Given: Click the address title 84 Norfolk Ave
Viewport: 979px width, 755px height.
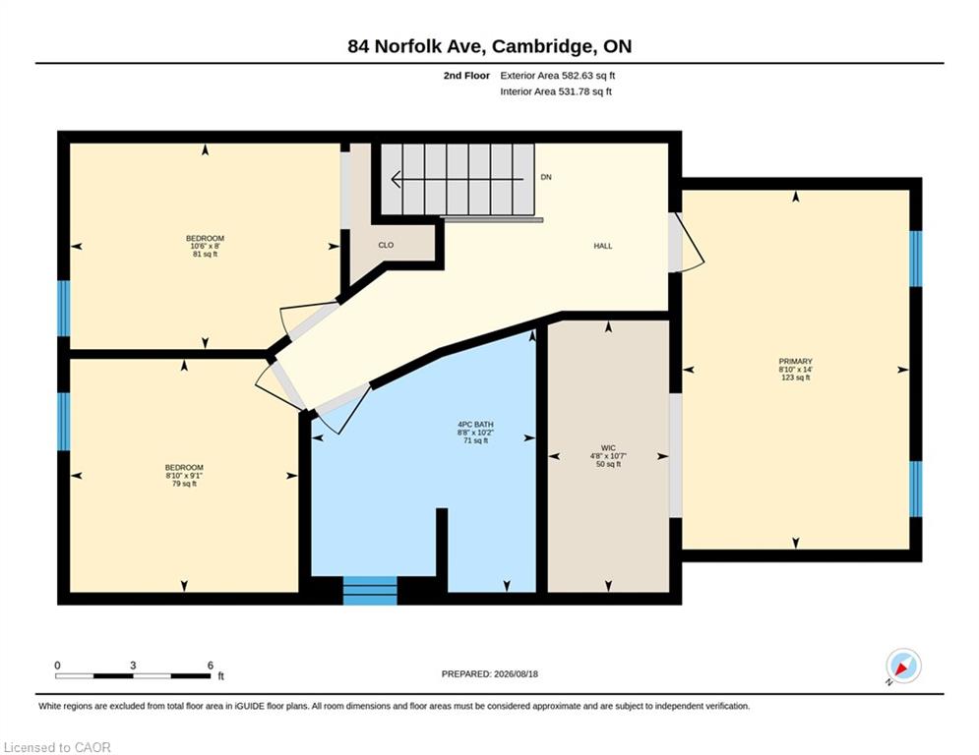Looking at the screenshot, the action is pos(419,46).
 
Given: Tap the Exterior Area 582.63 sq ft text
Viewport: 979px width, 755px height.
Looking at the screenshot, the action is pos(558,76).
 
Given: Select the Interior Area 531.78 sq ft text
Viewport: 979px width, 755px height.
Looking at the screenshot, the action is pos(556,91).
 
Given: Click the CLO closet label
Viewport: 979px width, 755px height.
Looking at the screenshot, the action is pos(386,245).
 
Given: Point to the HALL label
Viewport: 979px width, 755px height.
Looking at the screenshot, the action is pos(602,246).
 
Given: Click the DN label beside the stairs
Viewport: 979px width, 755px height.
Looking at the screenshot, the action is pos(546,177).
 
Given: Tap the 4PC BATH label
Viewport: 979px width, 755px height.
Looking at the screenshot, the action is pos(476,425).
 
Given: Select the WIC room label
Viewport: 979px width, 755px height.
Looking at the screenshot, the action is pos(608,448).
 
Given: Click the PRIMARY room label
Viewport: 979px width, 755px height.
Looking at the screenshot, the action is pos(795,361).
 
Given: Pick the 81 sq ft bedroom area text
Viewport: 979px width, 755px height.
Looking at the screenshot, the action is pos(205,254).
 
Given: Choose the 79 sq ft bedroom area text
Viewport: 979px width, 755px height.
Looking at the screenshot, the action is pos(184,484).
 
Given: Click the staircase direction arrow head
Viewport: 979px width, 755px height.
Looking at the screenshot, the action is pos(396,180).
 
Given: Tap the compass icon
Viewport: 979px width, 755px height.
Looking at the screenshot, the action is pos(903,666).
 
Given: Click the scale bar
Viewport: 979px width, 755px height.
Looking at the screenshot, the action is pos(133,675).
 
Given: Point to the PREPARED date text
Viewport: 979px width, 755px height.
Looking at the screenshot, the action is pos(490,673).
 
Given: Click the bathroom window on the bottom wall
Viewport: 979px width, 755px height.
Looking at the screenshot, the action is pos(370,590).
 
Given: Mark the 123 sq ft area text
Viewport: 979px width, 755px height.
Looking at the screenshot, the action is pos(795,377).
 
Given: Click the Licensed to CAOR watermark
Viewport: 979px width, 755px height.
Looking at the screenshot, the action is pos(57,747).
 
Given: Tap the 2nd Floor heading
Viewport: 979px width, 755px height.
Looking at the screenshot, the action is pos(466,76).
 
